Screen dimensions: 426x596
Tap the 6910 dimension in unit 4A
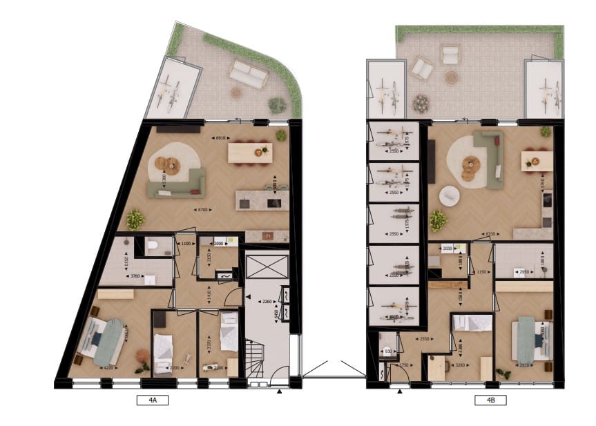(222, 138)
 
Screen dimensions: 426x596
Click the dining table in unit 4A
(249, 152)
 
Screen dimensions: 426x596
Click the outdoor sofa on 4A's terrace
(249, 74)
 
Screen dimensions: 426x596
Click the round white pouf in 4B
(448, 196)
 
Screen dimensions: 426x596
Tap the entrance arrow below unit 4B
(399, 391)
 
